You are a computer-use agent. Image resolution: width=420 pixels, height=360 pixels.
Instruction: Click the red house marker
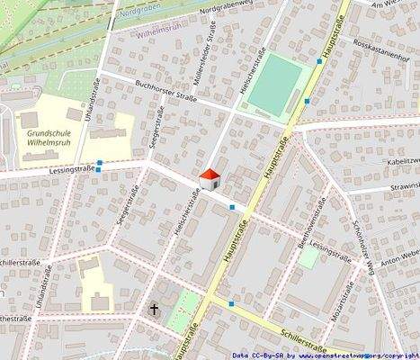(x=210, y=178)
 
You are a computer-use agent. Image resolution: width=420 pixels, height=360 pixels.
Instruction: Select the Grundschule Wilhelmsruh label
(x=36, y=137)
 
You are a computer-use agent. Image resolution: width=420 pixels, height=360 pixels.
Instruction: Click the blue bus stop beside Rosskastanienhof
(x=319, y=61)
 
